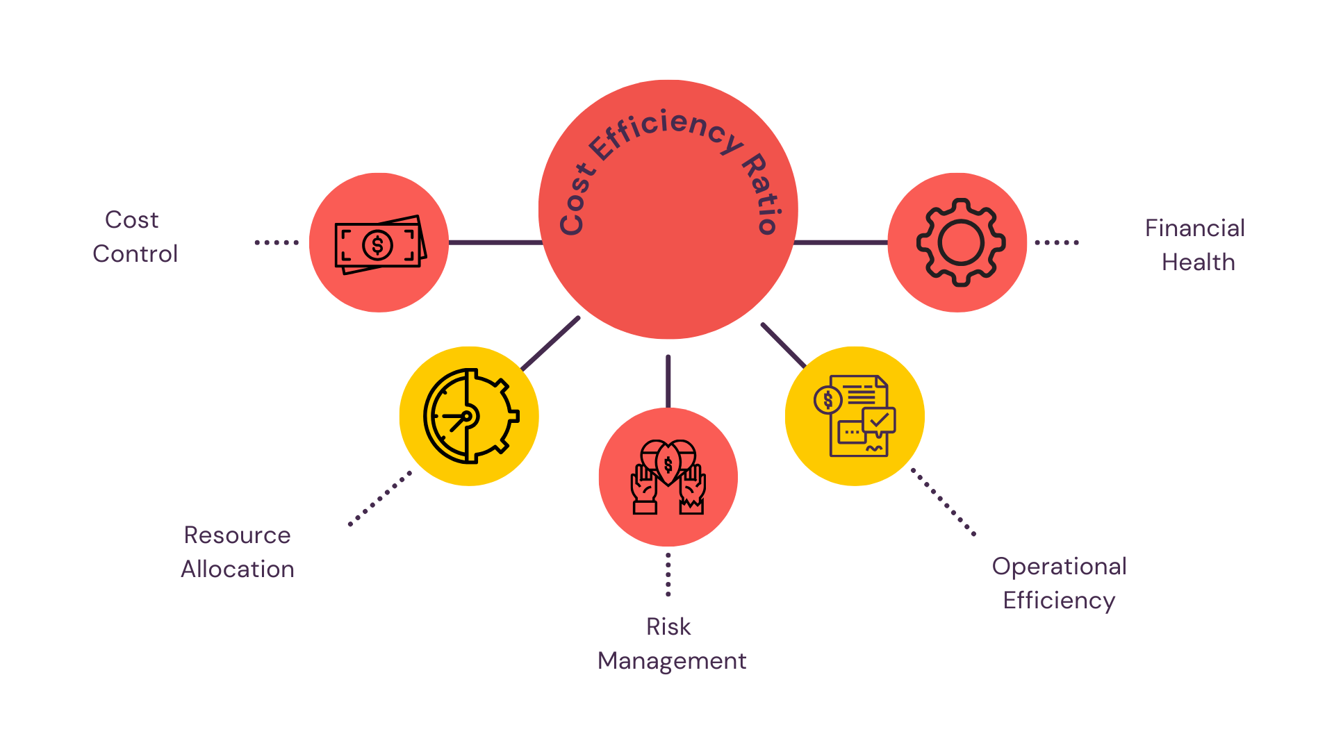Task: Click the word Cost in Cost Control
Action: (132, 219)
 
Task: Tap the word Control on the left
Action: (135, 253)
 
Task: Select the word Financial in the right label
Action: (1194, 228)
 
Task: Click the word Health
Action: (1198, 262)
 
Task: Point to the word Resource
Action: (237, 535)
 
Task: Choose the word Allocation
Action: (238, 569)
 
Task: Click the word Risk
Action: (668, 626)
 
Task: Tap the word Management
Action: (672, 660)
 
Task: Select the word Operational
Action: (1059, 566)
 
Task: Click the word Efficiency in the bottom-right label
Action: (1059, 600)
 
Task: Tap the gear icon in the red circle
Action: (960, 242)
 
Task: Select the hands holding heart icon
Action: (668, 477)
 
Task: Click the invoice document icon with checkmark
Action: (855, 416)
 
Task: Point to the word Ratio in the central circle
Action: (764, 193)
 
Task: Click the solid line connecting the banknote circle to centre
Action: (495, 242)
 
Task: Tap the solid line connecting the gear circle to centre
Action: (841, 242)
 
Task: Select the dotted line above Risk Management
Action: (668, 575)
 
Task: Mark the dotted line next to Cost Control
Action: (277, 242)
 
